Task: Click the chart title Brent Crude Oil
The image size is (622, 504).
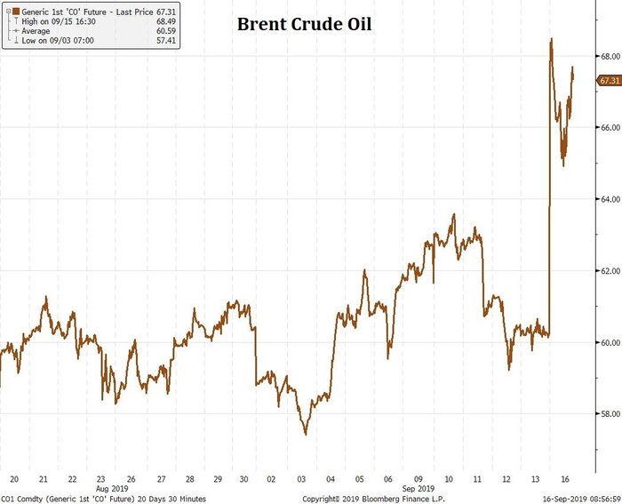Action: [x=304, y=24]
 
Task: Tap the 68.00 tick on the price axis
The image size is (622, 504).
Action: [x=609, y=56]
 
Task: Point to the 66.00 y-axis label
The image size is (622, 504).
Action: [x=609, y=128]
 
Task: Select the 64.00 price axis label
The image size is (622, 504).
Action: [x=609, y=199]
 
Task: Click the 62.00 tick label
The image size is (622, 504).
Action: [x=609, y=270]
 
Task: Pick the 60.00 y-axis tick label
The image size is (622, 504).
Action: [x=609, y=342]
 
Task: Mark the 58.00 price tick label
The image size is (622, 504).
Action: [x=609, y=413]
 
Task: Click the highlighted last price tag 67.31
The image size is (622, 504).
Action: [x=609, y=80]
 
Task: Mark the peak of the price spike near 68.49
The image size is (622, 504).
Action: [x=552, y=39]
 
